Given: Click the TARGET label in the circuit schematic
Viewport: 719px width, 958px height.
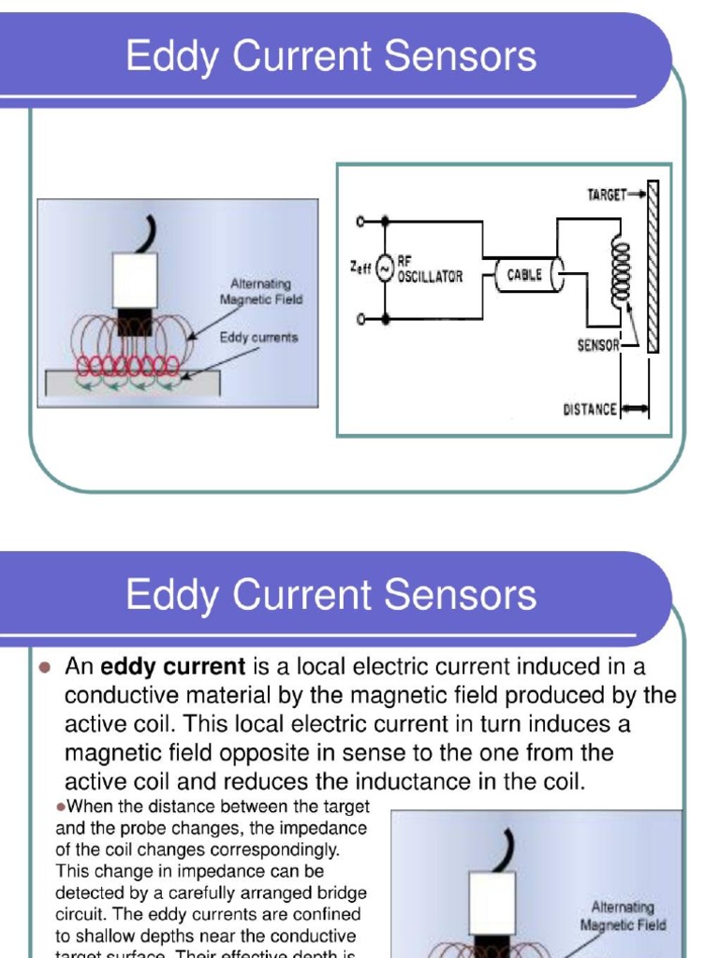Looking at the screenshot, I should [x=606, y=195].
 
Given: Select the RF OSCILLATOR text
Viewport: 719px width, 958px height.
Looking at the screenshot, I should [x=430, y=272].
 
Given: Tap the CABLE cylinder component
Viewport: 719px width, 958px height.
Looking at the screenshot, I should [x=524, y=275].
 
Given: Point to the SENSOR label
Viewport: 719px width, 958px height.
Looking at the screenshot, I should [x=598, y=345].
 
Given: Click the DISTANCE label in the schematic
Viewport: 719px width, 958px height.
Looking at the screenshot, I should [x=590, y=409].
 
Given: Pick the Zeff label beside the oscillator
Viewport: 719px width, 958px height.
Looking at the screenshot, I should [x=359, y=268].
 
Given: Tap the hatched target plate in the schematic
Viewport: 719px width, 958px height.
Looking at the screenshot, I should [x=653, y=267].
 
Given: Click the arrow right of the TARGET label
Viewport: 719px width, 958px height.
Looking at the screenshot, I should [x=637, y=195].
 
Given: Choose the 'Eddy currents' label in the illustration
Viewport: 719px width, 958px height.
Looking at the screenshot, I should [x=259, y=337].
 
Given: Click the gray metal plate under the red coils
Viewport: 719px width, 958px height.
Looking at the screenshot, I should [x=131, y=384].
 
